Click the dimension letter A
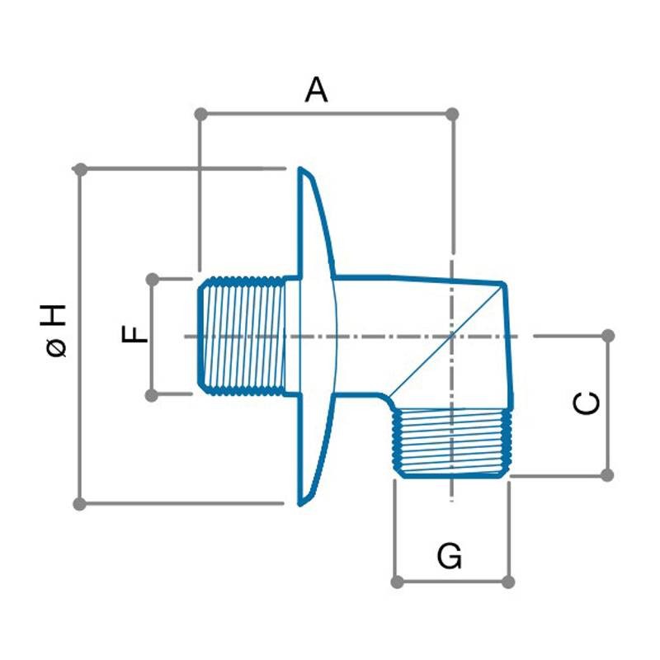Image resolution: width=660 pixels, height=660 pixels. [316, 89]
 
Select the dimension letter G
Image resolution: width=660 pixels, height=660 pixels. [450, 557]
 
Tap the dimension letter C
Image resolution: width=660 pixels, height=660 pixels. [587, 403]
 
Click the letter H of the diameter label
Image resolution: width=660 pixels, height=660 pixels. [56, 315]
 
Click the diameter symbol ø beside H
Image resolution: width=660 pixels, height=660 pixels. [56, 348]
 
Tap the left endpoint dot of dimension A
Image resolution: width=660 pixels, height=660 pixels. [199, 113]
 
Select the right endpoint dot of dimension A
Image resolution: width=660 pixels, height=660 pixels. [451, 113]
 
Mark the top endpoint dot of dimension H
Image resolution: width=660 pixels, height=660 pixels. [80, 169]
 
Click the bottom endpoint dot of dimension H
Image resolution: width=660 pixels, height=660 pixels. [80, 503]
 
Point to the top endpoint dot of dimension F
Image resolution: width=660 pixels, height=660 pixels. [152, 280]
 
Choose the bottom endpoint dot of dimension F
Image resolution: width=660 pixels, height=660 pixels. [152, 395]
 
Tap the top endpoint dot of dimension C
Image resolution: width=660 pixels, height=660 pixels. [608, 336]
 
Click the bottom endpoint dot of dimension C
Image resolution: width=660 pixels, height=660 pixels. [608, 475]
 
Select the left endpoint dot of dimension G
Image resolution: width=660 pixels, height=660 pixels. [397, 582]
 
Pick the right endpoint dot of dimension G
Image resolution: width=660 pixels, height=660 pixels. [509, 582]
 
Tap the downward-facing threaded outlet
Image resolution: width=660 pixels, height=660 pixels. [450, 443]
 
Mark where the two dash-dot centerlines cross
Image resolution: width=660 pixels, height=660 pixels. [451, 336]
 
